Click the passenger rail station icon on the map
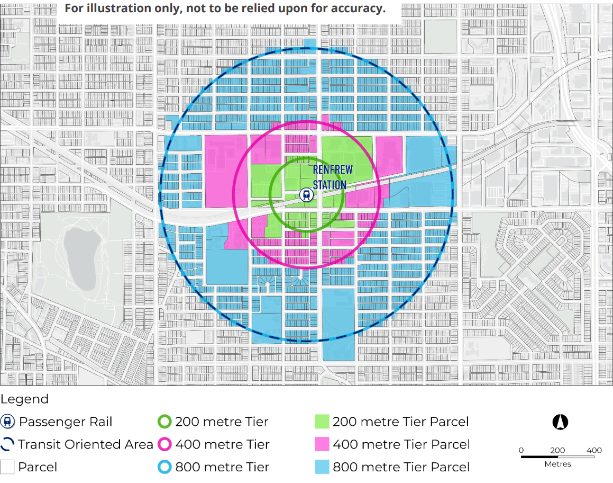pos(306,195)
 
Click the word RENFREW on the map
pos(330,170)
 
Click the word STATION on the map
pos(329,184)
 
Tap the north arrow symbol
pos(560,422)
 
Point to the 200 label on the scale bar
pos(557,450)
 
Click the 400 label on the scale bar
pos(594,450)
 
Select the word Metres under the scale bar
pos(557,464)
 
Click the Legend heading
pos(24,399)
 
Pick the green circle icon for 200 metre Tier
pos(164,422)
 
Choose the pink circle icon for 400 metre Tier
pos(164,444)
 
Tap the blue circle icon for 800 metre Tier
pos(164,467)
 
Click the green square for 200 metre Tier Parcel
pos(322,422)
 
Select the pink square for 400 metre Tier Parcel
pos(322,444)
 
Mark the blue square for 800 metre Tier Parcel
pos(322,467)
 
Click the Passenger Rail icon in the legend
pos(7,422)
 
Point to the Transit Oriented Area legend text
pos(85,444)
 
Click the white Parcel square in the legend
pos(7,467)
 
